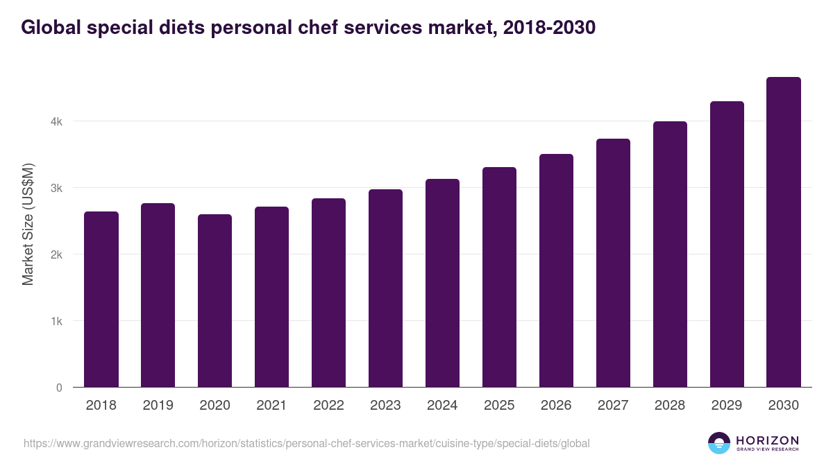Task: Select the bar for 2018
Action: (101, 300)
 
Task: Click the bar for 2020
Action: (215, 301)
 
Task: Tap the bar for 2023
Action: (386, 288)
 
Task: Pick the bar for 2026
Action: (557, 270)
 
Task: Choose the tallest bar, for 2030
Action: (784, 232)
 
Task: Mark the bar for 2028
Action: (671, 254)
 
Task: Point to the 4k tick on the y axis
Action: (57, 122)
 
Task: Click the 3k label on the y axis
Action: (57, 189)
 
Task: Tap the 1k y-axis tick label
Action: (57, 322)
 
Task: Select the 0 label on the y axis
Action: (59, 388)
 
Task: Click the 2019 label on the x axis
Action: (158, 406)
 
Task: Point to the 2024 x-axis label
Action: (443, 406)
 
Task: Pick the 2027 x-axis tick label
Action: (614, 406)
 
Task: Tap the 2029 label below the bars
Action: (727, 406)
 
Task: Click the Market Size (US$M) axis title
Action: (28, 224)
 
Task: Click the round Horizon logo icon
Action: (719, 443)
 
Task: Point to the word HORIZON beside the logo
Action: (767, 440)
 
